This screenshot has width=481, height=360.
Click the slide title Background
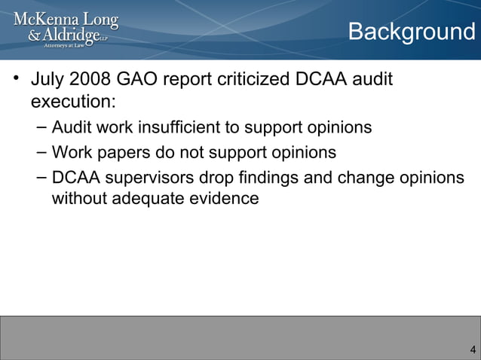click(x=411, y=32)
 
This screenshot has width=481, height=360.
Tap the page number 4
click(x=472, y=349)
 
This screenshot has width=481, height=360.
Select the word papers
click(x=121, y=153)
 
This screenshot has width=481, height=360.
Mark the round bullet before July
click(x=15, y=78)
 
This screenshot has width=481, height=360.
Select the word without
click(x=78, y=200)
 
